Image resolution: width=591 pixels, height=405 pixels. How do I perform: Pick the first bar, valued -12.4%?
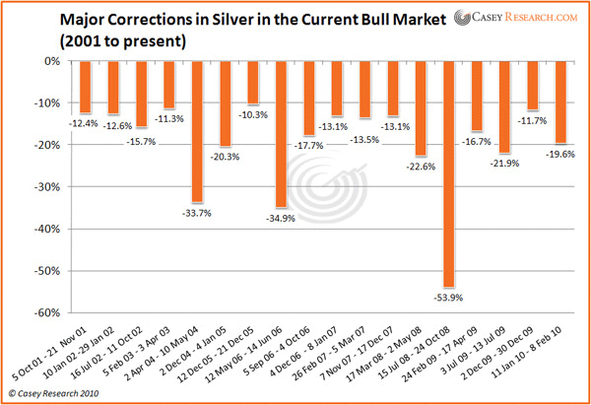click(85, 86)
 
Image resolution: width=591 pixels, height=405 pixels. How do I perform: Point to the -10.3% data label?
click(253, 114)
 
